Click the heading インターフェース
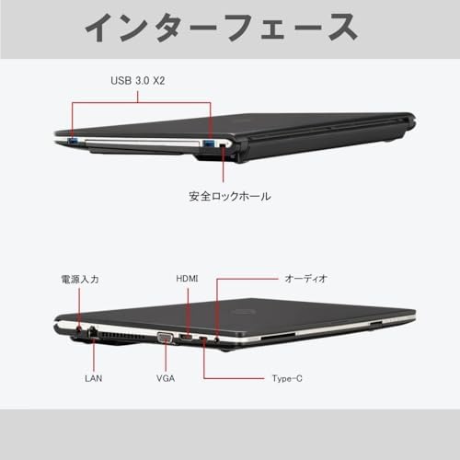(221, 28)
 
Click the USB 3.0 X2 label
(138, 81)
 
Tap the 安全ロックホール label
(230, 196)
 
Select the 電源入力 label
(80, 280)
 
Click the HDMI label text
(187, 279)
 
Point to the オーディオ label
(305, 279)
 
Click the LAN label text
(94, 378)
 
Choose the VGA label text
(166, 378)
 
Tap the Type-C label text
(287, 378)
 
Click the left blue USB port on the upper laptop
(73, 142)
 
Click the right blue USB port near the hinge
(209, 143)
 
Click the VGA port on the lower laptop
(166, 338)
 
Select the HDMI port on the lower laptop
(186, 338)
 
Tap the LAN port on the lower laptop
(92, 332)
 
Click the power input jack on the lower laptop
(79, 330)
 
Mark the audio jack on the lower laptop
(217, 339)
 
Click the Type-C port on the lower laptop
(203, 339)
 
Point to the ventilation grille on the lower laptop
(122, 335)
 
